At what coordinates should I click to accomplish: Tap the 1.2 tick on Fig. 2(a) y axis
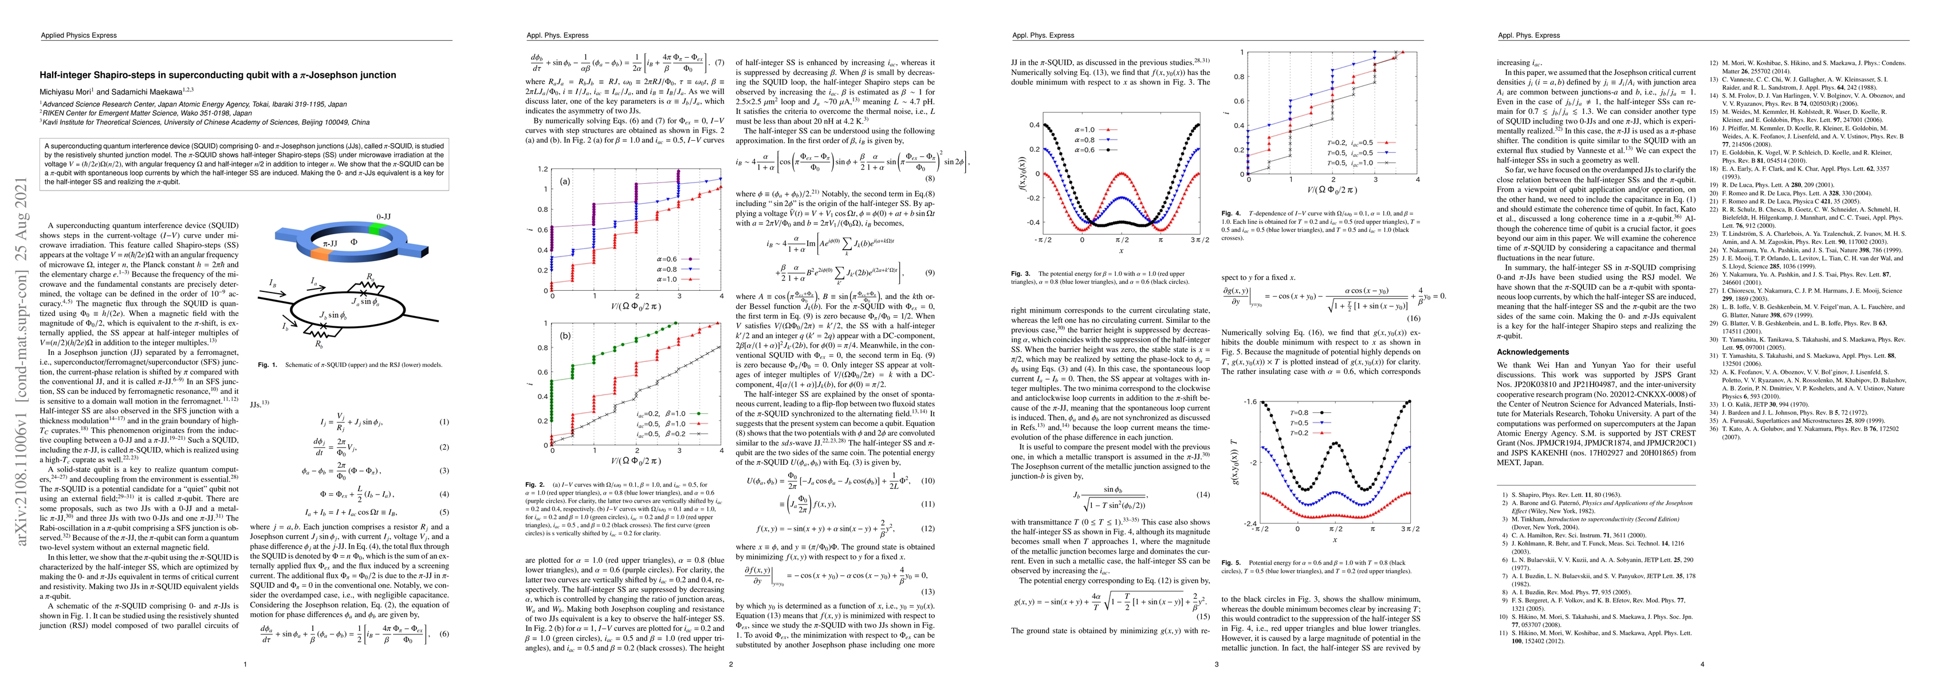click(x=542, y=169)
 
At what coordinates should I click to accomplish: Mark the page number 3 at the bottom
click(x=1215, y=664)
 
